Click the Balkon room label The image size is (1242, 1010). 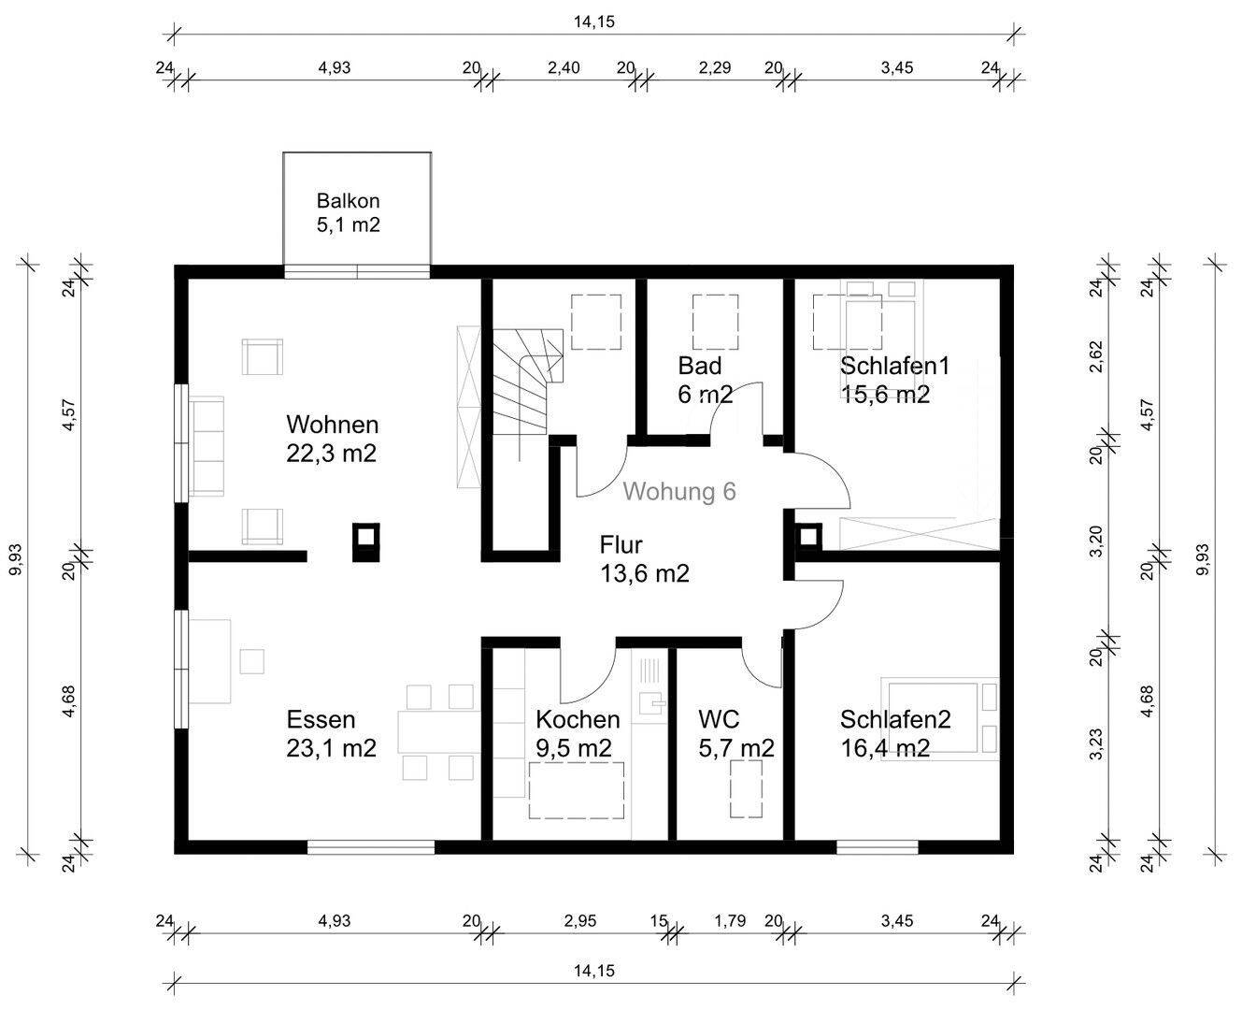pyautogui.click(x=348, y=212)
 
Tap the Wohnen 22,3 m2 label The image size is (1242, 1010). pyautogui.click(x=332, y=439)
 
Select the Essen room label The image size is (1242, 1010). pyautogui.click(x=331, y=733)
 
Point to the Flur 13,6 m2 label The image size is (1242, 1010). pyautogui.click(x=644, y=559)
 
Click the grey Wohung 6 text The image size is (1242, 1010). pyautogui.click(x=679, y=491)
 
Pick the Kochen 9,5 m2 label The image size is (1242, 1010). pyautogui.click(x=578, y=733)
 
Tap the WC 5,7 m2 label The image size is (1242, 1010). pyautogui.click(x=735, y=733)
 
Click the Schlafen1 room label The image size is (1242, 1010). pyautogui.click(x=894, y=380)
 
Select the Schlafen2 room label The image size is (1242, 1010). pyautogui.click(x=895, y=733)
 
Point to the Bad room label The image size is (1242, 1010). pyautogui.click(x=705, y=380)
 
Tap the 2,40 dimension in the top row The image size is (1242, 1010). pyautogui.click(x=564, y=67)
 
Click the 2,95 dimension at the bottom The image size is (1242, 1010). pyautogui.click(x=580, y=921)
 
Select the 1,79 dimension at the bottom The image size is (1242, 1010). pyautogui.click(x=730, y=921)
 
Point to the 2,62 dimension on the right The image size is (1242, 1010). pyautogui.click(x=1096, y=356)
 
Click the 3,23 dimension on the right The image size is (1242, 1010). pyautogui.click(x=1096, y=744)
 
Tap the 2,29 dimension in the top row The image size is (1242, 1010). pyautogui.click(x=715, y=67)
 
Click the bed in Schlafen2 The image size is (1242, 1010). pyautogui.click(x=940, y=719)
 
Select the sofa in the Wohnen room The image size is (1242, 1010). pyautogui.click(x=207, y=446)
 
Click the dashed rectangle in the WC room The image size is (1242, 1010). pyautogui.click(x=747, y=789)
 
